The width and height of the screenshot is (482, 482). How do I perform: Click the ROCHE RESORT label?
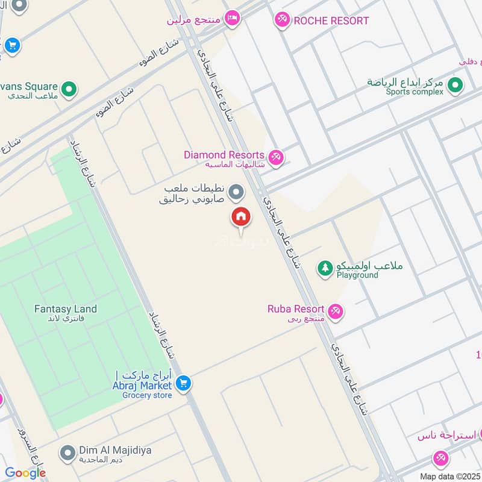click(331, 21)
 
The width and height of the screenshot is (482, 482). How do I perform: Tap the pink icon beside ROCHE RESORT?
click(281, 20)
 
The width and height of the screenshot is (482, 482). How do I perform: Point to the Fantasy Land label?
click(65, 309)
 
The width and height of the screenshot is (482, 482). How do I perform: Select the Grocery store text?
click(147, 395)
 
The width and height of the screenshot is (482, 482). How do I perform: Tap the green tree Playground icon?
click(325, 268)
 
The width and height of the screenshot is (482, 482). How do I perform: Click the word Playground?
click(357, 275)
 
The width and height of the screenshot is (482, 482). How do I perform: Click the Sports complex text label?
click(415, 92)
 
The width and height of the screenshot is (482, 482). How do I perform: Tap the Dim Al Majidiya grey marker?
click(69, 451)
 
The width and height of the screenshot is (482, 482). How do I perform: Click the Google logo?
click(25, 473)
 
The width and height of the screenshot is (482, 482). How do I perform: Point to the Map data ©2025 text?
click(449, 477)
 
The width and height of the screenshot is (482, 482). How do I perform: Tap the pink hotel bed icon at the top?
click(232, 17)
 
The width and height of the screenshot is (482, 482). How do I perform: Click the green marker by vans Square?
click(69, 89)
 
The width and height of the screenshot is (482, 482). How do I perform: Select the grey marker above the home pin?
click(237, 193)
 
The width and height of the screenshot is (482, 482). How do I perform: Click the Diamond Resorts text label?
click(224, 155)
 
